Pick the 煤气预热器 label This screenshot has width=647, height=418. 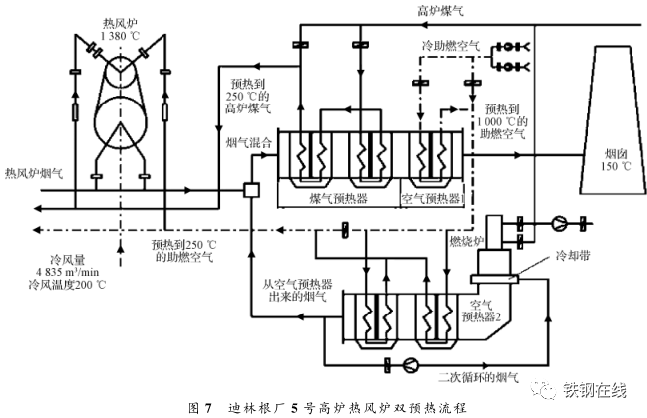pos(339,198)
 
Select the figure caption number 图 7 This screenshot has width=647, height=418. pos(198,407)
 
